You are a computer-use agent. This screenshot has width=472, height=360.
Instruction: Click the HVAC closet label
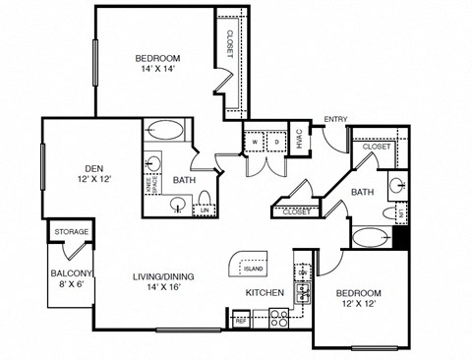(298, 141)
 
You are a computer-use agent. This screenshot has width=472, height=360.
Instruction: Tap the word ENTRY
(335, 120)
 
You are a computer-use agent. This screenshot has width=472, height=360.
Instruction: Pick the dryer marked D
(269, 141)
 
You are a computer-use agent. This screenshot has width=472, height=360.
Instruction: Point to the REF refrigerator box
(240, 320)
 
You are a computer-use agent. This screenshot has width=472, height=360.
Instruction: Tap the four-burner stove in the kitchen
(278, 318)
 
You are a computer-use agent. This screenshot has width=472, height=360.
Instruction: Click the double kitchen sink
(304, 290)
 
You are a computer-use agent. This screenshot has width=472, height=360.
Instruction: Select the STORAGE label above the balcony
(70, 232)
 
